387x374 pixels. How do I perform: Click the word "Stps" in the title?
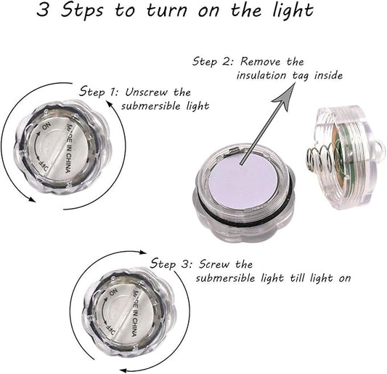[x=83, y=10]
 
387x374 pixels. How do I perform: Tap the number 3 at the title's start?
[x=42, y=10]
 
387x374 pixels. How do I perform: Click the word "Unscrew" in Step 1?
[x=146, y=92]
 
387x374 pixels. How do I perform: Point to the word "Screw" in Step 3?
[x=214, y=264]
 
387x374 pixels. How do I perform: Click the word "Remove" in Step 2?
[x=261, y=62]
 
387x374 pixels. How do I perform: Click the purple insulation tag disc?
[x=243, y=183]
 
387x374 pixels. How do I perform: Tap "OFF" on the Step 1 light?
[x=44, y=167]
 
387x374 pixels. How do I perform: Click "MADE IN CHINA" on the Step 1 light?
[x=68, y=148]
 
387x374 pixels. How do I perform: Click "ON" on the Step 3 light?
[x=113, y=293]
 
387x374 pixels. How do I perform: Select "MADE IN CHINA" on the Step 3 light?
[x=135, y=313]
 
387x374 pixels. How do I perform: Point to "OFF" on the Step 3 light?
[x=110, y=330]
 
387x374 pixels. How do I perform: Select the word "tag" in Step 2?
[x=301, y=76]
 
